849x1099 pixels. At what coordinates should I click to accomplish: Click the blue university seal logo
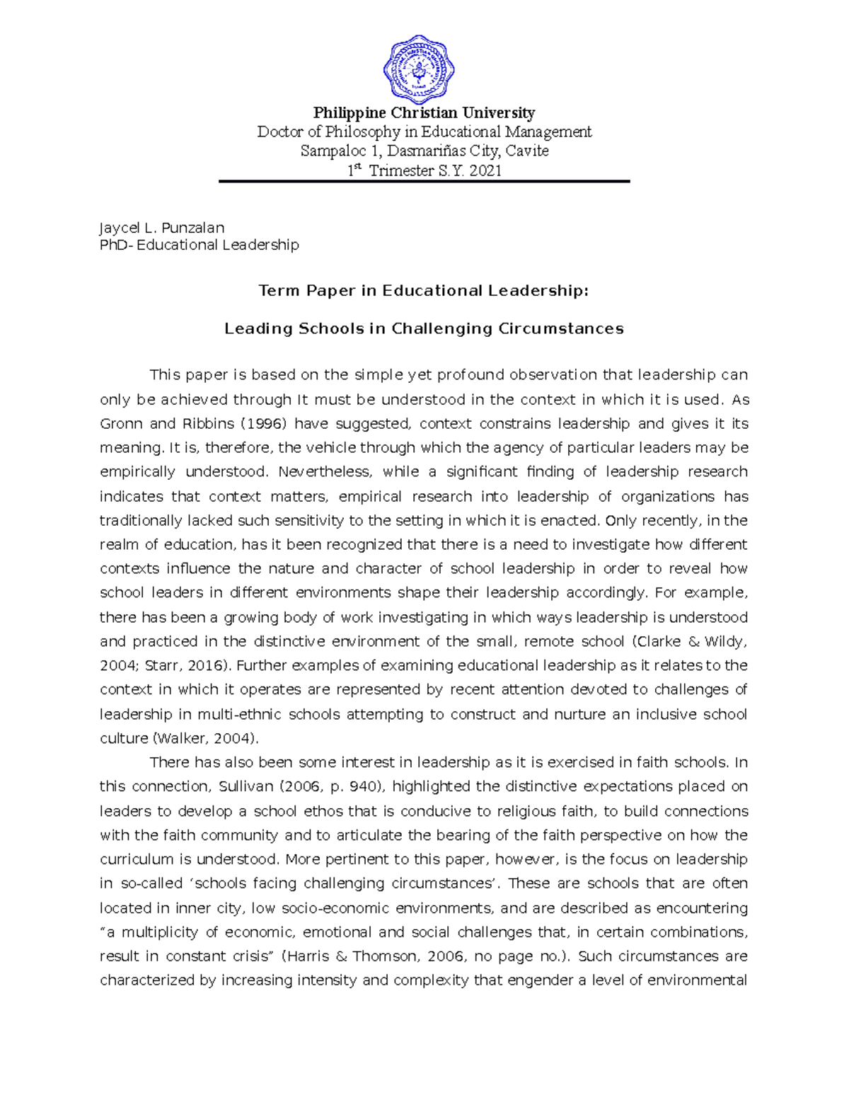(x=419, y=69)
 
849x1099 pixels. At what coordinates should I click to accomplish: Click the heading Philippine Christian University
(x=424, y=113)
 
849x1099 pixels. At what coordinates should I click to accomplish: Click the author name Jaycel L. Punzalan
(x=162, y=228)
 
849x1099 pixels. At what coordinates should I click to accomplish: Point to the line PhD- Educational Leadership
(x=200, y=245)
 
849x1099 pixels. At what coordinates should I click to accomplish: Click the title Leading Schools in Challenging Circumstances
(x=424, y=329)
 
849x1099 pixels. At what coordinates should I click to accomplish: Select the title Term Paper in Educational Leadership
(x=423, y=291)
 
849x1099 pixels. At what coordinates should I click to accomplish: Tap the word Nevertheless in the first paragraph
(x=325, y=472)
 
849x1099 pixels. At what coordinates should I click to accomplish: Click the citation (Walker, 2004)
(x=205, y=739)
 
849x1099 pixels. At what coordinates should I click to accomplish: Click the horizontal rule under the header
(x=424, y=182)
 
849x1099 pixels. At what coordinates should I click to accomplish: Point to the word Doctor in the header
(x=279, y=132)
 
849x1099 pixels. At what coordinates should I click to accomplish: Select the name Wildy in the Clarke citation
(x=724, y=642)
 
